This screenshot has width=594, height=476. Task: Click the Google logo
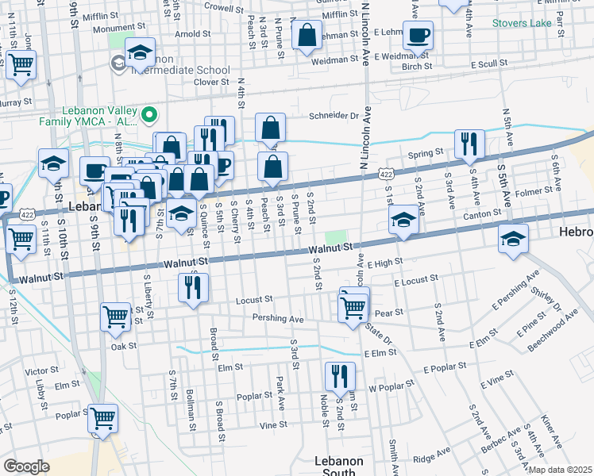tap(26, 466)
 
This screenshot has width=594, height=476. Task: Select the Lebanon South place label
tap(338, 466)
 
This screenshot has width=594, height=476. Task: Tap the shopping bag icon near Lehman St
tap(306, 36)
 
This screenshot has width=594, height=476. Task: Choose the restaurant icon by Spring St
tap(469, 144)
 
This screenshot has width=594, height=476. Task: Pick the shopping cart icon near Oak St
tap(116, 317)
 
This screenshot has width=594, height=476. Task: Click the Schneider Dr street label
tap(334, 115)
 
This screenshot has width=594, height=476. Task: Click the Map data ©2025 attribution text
tap(560, 470)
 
